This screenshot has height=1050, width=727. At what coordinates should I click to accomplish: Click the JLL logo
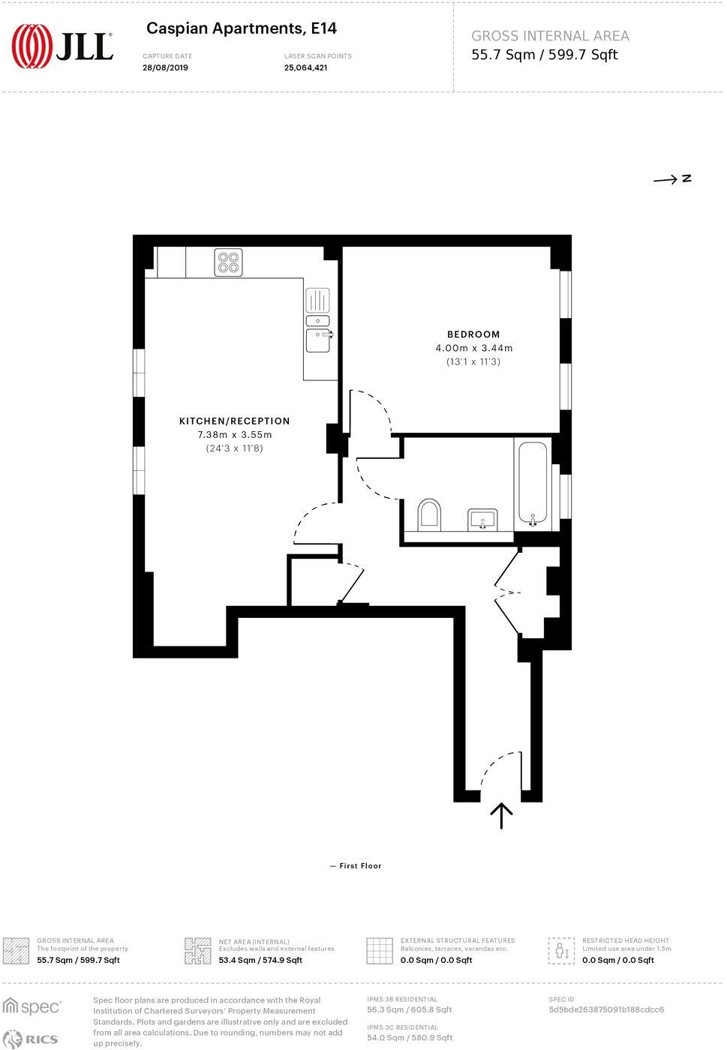63,46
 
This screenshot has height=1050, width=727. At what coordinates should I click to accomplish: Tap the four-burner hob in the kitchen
228,262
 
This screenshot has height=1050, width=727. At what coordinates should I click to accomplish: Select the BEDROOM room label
473,334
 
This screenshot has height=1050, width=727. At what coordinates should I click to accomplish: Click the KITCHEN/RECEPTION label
234,421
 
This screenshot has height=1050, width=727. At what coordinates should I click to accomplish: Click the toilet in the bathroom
429,514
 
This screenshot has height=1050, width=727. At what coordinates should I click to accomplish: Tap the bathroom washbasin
482,519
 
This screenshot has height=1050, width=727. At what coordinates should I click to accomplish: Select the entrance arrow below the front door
501,814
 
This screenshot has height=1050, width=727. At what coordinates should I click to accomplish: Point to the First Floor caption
360,865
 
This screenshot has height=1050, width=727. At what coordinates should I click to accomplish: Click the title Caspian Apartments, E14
242,28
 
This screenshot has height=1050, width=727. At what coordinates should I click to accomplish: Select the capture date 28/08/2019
165,67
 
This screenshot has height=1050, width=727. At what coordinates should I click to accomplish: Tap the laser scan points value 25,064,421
305,67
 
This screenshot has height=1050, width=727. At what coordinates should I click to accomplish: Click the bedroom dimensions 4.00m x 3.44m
474,348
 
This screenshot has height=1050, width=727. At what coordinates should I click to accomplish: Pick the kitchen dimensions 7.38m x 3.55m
234,435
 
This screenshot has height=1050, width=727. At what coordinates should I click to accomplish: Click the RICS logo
32,1039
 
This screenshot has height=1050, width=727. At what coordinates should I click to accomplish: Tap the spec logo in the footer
32,1006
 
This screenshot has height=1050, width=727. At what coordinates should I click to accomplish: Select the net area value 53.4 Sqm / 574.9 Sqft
260,960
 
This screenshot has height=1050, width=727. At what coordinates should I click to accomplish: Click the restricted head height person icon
560,950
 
